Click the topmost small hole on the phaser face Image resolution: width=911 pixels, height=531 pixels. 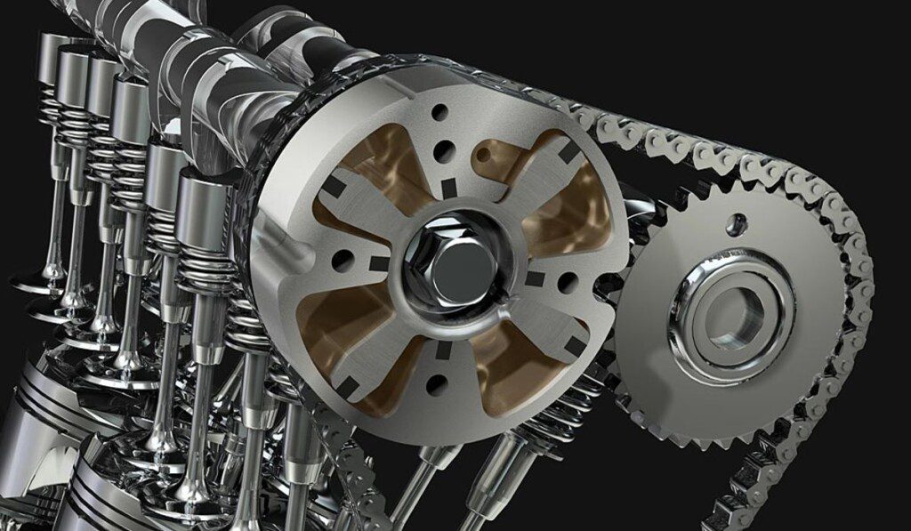(439, 112)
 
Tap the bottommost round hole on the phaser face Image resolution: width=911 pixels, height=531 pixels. (434, 384)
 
